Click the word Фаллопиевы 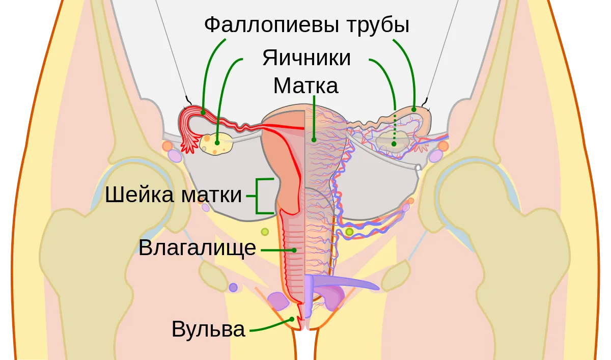[x=272, y=25]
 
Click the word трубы [x=378, y=25]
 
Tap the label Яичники [x=307, y=58]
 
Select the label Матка [x=306, y=86]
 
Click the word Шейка [x=139, y=195]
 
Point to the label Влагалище [x=197, y=248]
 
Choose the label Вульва [x=208, y=329]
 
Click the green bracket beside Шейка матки [x=257, y=196]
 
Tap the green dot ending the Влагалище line [x=294, y=250]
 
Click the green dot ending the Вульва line [x=292, y=319]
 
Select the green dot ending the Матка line [x=314, y=140]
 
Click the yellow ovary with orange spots [x=216, y=144]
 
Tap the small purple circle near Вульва [x=233, y=288]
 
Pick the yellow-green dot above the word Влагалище [x=265, y=232]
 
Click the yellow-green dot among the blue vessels [x=349, y=232]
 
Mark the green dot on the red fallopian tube [x=203, y=113]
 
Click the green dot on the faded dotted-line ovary [x=394, y=144]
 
